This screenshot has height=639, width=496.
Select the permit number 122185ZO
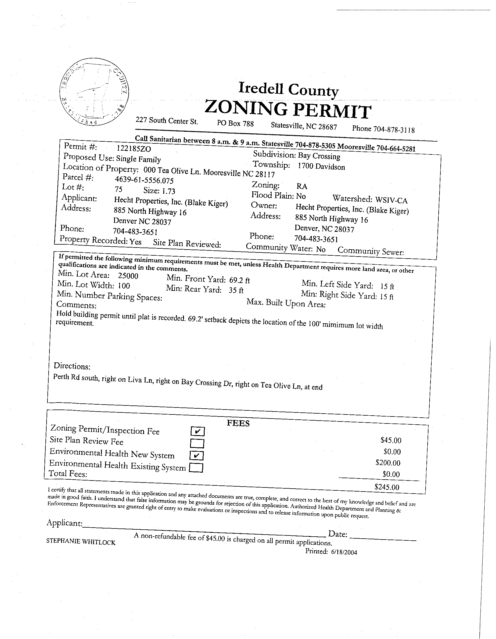pyautogui.click(x=134, y=149)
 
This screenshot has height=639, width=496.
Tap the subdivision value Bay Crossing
pyautogui.click(x=319, y=156)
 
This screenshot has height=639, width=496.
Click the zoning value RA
pyautogui.click(x=302, y=186)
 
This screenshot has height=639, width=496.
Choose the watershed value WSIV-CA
pyautogui.click(x=391, y=200)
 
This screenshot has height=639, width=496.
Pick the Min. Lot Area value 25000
pyautogui.click(x=128, y=276)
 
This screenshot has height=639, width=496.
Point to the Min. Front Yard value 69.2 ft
pyautogui.click(x=239, y=280)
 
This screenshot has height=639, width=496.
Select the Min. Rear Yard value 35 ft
pyautogui.click(x=236, y=291)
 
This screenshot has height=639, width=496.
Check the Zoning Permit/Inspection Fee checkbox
pyautogui.click(x=197, y=431)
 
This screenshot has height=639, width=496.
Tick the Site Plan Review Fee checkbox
pyautogui.click(x=197, y=444)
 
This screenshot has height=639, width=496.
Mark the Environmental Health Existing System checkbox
pyautogui.click(x=196, y=468)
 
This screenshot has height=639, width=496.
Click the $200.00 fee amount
pyautogui.click(x=388, y=463)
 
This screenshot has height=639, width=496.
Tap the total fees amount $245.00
pyautogui.click(x=387, y=487)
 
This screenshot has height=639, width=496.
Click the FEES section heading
pyautogui.click(x=238, y=423)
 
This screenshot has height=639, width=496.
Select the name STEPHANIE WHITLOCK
pyautogui.click(x=81, y=542)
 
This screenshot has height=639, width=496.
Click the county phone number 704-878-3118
pyautogui.click(x=394, y=129)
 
